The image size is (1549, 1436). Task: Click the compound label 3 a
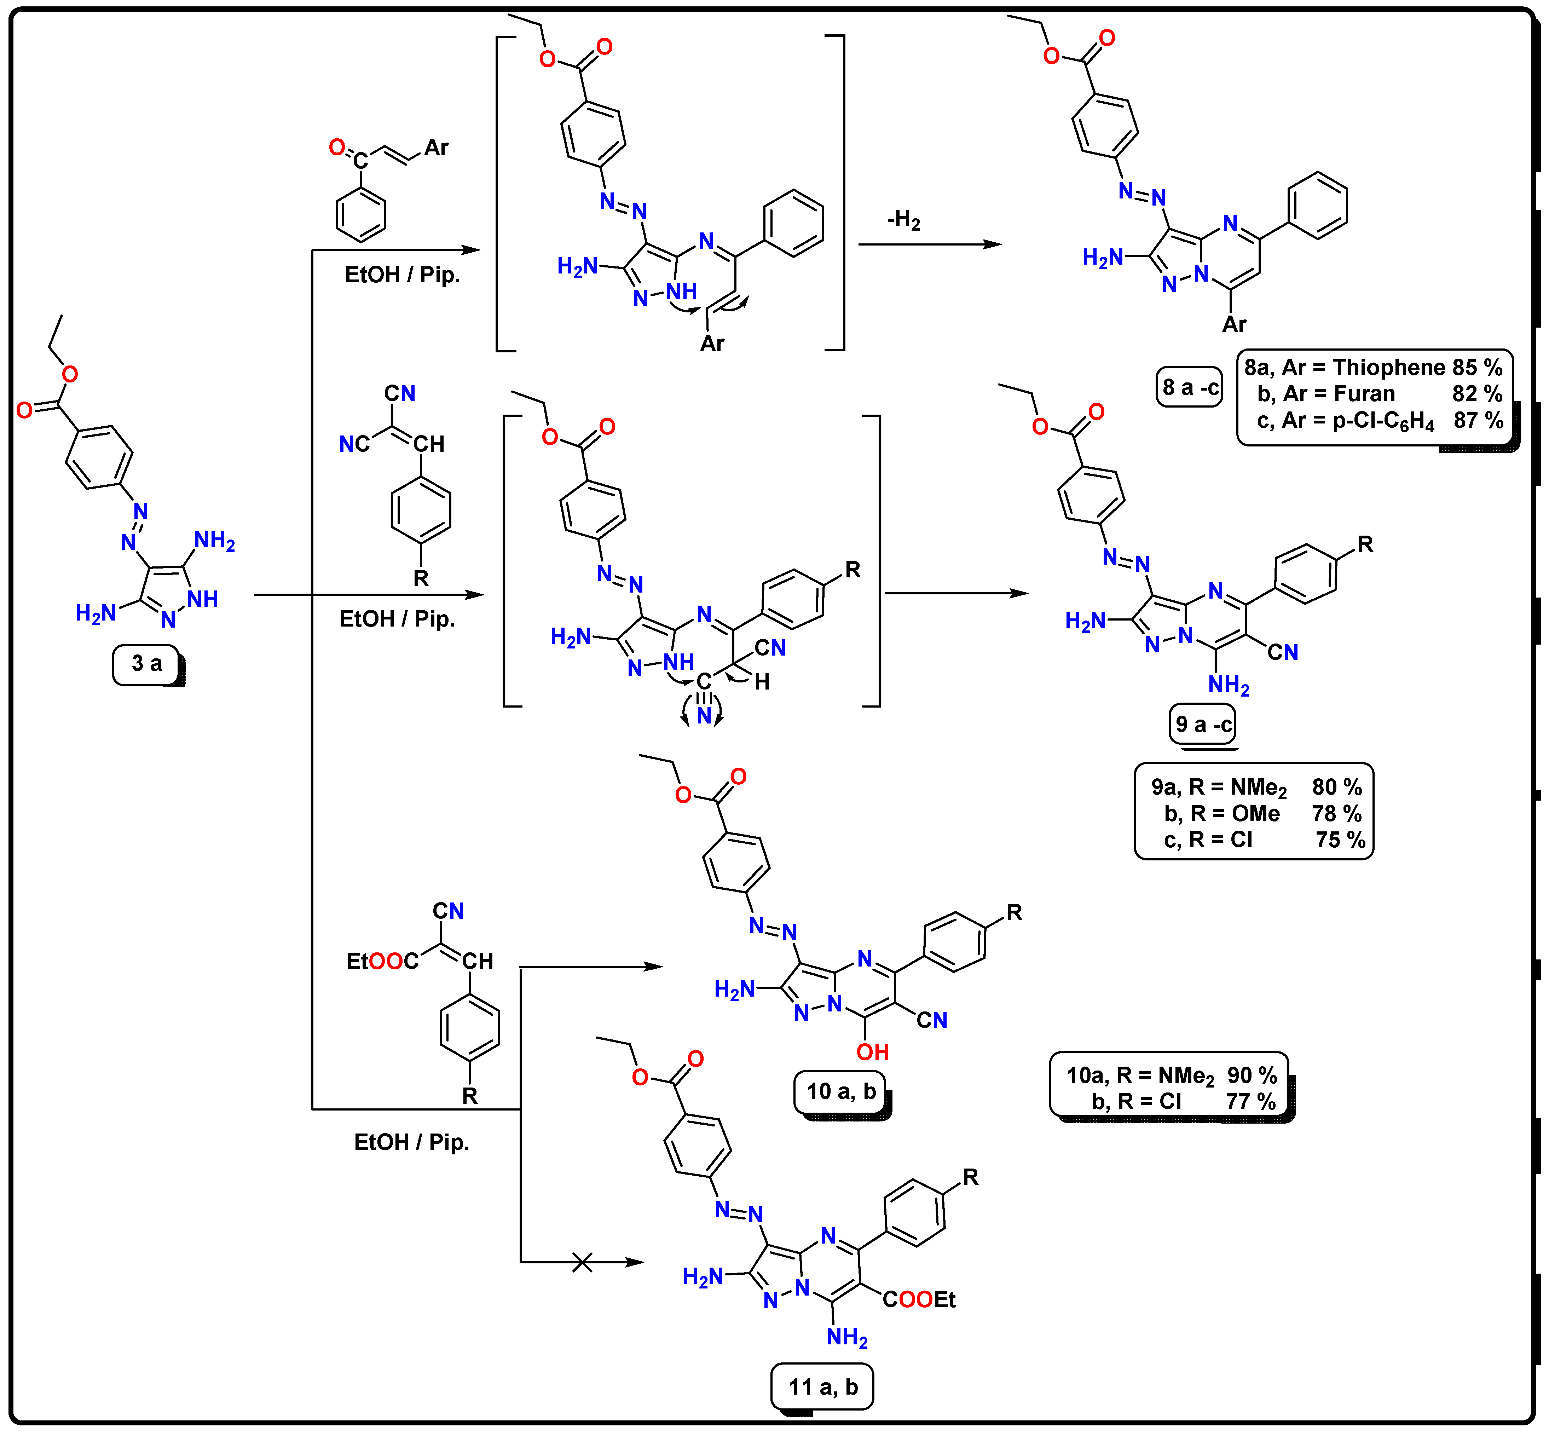[x=147, y=664]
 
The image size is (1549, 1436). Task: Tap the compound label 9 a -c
[x=1203, y=724]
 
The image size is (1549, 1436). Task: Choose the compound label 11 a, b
[x=823, y=1387]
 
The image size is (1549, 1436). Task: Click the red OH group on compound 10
[x=872, y=1052]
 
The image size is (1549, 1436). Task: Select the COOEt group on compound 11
[x=919, y=1299]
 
